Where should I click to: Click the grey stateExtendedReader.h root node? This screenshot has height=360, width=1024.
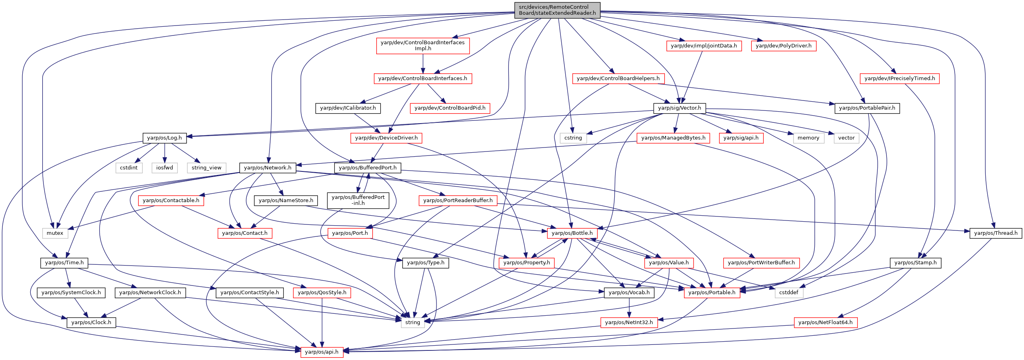pos(557,10)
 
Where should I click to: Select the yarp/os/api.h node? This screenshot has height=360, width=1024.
pos(322,352)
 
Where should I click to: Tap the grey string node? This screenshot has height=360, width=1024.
pos(413,323)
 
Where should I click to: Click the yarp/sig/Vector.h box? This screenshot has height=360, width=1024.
pos(679,108)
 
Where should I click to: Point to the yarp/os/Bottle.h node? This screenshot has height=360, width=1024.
pos(572,233)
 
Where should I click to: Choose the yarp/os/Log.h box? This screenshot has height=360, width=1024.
pos(164,138)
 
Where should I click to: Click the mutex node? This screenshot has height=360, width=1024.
pos(55,233)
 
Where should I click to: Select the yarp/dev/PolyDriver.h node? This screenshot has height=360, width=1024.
pos(784,46)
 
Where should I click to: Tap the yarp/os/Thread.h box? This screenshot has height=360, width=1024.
pos(996,233)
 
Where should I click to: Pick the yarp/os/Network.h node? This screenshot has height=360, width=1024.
pos(267,168)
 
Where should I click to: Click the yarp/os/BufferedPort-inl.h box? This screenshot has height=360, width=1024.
pos(358,200)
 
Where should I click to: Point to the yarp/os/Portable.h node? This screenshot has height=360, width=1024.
pos(712,293)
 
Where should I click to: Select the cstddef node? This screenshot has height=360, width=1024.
pos(789,293)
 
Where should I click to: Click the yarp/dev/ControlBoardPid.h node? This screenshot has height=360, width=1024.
pos(450,108)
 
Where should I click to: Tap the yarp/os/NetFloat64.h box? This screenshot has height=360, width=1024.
pos(825,323)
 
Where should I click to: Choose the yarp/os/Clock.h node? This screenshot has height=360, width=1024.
pos(91,323)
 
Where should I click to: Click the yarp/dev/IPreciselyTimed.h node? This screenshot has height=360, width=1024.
pos(900,79)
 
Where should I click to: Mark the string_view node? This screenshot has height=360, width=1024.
pos(206,168)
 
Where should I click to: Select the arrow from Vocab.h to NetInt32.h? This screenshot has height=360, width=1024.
pos(629,307)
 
